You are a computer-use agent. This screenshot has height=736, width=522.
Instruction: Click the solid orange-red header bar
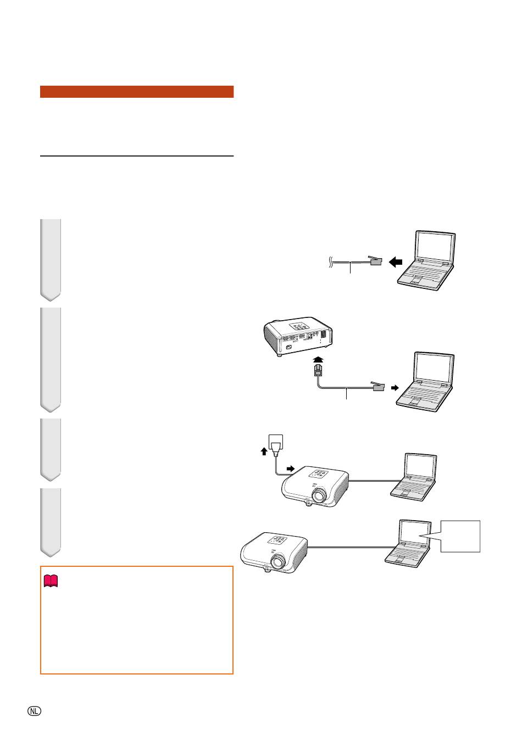[x=137, y=92]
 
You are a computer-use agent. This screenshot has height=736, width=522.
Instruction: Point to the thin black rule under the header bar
[x=137, y=156]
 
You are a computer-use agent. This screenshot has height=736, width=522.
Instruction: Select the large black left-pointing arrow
[x=396, y=262]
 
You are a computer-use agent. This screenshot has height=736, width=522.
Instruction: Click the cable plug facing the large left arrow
[x=375, y=260]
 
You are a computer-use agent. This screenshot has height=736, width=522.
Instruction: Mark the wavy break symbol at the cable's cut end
[x=330, y=262]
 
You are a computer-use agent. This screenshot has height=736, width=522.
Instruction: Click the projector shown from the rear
[x=298, y=336]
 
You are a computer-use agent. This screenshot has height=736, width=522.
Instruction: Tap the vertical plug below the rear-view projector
[x=318, y=370]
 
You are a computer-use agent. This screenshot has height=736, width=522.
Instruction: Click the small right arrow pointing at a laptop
[x=395, y=388]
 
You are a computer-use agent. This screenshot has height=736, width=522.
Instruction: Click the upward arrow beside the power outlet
[x=264, y=451]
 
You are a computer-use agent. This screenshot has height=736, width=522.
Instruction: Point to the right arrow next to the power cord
[x=291, y=468]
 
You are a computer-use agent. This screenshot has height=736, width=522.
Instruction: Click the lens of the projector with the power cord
[x=318, y=495]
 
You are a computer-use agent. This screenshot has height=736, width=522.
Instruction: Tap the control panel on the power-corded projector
[x=318, y=474]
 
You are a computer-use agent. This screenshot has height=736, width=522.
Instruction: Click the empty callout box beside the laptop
[x=460, y=536]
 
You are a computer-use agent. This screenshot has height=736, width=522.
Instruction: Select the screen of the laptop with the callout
[x=415, y=534]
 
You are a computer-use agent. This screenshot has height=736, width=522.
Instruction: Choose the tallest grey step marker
[x=51, y=360]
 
